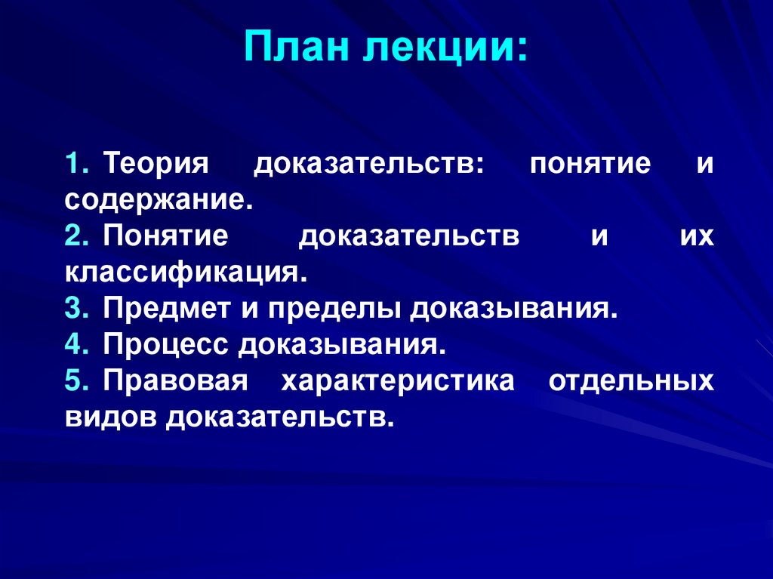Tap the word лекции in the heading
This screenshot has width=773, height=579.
[448, 49]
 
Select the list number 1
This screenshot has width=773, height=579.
[77, 165]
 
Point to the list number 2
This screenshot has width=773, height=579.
[77, 237]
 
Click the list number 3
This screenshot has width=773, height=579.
[77, 310]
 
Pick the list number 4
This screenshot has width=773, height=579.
[77, 346]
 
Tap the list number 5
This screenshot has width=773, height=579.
[77, 382]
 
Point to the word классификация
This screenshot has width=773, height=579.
[186, 273]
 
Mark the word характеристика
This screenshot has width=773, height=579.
[398, 382]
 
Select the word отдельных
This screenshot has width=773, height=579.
[630, 382]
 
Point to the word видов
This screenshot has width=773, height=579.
[111, 418]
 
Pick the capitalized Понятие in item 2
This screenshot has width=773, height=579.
[166, 237]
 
